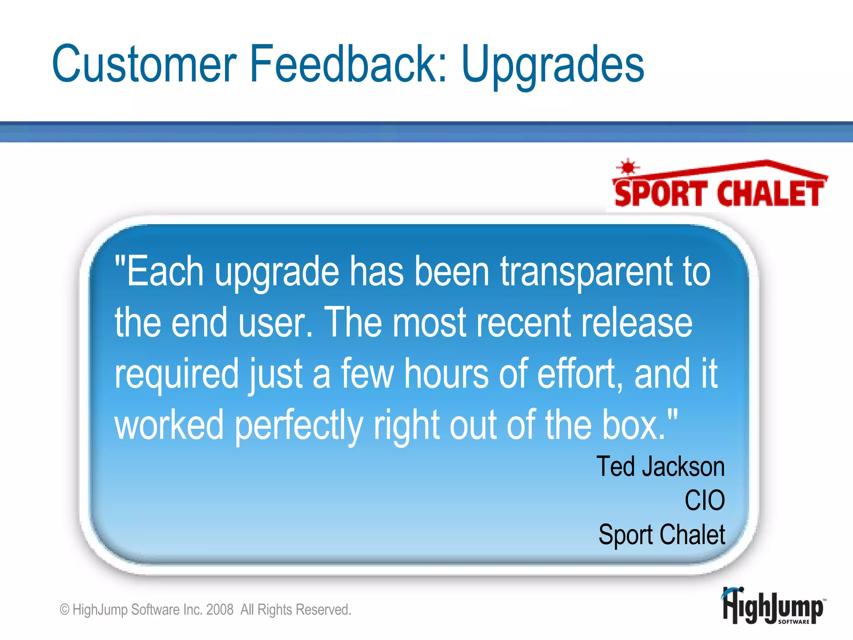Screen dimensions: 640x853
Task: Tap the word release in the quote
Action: click(636, 323)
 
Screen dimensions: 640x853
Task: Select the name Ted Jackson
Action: click(661, 466)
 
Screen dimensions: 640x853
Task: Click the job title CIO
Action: click(705, 500)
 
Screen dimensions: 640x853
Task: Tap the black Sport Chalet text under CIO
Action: click(662, 535)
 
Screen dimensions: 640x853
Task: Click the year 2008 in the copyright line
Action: click(219, 610)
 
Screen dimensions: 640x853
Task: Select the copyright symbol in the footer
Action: click(65, 610)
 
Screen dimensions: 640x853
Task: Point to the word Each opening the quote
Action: click(165, 272)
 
